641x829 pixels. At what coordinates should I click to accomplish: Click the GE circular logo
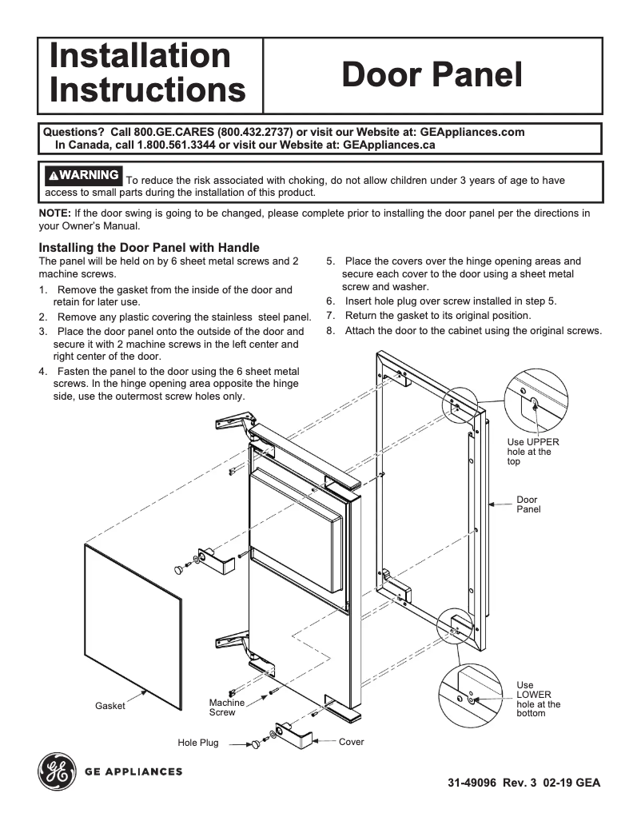coord(56,771)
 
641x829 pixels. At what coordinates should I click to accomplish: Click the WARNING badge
coord(83,175)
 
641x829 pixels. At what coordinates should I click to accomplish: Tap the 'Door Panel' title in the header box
coord(432,75)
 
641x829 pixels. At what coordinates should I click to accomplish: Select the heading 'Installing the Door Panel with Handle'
coord(149,248)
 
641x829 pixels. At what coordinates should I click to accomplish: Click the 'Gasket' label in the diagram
coord(110,706)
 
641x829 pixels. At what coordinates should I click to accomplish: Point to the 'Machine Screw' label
coord(226,707)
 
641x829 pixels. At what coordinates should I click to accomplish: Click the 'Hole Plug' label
coord(197,743)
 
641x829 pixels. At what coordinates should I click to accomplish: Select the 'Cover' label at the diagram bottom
coord(351,742)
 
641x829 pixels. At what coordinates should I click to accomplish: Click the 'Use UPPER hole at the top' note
coord(532,452)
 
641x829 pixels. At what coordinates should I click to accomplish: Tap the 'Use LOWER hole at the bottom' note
coord(538,699)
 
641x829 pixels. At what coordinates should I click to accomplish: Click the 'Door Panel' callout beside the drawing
coord(528,504)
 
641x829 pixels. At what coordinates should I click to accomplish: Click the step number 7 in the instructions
coord(329,315)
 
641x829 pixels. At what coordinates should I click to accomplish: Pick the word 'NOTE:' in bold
coord(55,213)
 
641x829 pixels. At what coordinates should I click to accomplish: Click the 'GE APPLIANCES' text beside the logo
coord(133,771)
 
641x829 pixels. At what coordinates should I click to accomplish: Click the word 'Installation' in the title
coord(140,57)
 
